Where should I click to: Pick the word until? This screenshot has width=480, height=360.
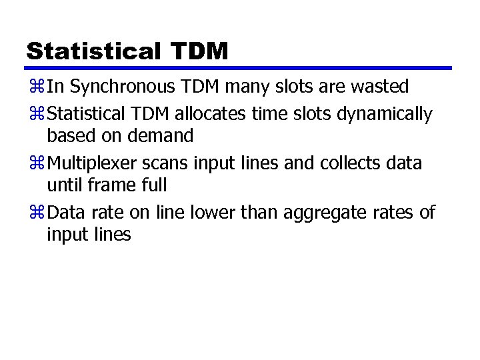[x=62, y=185]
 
